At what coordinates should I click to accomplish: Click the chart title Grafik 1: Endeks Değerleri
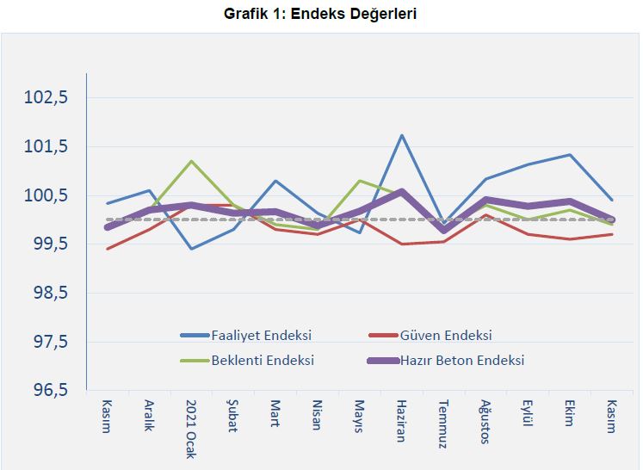tap(320, 15)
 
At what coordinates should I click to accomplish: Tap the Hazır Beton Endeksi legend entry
tap(461, 361)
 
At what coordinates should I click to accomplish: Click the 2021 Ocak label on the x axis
tap(191, 428)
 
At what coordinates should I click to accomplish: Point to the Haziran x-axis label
tap(401, 421)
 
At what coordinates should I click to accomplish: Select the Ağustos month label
tap(485, 421)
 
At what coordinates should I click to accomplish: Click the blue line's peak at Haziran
tap(401, 135)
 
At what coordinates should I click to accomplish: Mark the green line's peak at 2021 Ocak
tap(191, 161)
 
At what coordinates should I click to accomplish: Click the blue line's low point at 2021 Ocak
tap(191, 249)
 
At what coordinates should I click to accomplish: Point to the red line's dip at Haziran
tap(401, 244)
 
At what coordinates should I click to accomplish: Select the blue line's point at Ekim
tap(570, 155)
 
